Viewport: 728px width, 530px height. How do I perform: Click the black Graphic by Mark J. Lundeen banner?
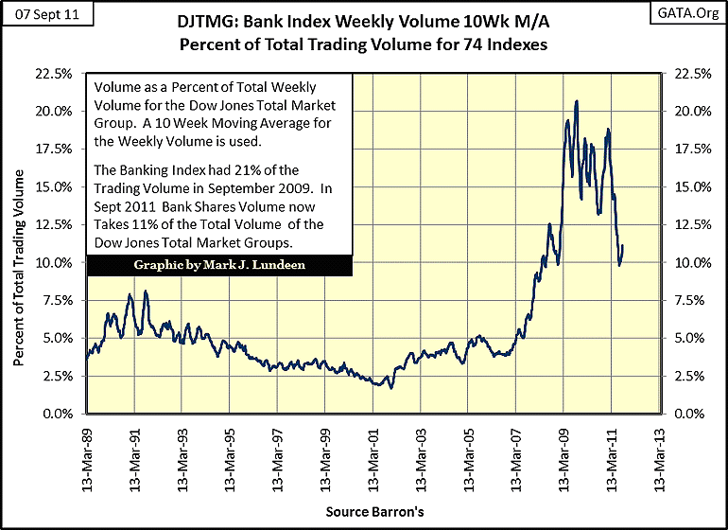(x=219, y=266)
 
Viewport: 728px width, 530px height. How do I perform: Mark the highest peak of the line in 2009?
(x=577, y=100)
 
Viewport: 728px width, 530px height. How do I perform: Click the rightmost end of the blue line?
(x=623, y=247)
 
